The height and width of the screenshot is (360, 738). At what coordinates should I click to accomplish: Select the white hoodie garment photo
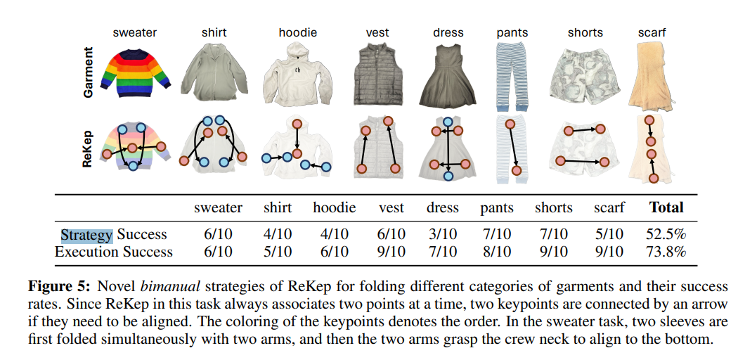[297, 75]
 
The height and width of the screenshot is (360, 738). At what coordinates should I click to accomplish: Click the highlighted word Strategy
[86, 235]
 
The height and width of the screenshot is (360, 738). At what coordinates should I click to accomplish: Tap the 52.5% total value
[666, 235]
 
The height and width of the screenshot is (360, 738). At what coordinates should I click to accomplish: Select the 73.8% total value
[666, 252]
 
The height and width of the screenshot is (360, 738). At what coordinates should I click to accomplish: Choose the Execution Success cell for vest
[391, 252]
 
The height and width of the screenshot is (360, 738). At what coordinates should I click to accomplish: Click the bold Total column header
[666, 207]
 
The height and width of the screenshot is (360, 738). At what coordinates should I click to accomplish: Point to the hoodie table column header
[335, 207]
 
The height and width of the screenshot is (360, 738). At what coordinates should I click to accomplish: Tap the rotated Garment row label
[89, 72]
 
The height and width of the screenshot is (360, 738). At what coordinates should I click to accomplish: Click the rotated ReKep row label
[89, 148]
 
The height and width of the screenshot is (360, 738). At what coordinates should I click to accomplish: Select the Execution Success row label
[113, 252]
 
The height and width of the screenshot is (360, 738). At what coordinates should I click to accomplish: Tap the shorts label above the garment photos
[585, 32]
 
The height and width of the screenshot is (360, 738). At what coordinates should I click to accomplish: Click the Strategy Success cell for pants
[497, 235]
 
